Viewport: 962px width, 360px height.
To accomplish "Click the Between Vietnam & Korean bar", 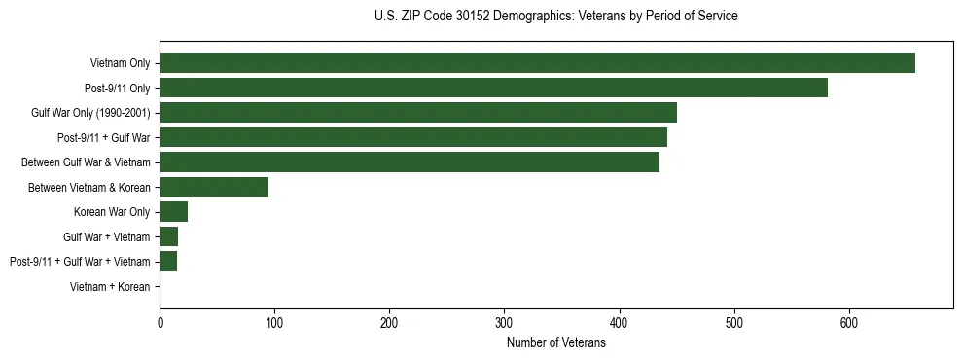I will coord(214,187).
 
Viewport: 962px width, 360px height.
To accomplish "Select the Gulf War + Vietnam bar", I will coord(169,236).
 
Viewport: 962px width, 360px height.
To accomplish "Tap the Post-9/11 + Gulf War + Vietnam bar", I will coord(168,261).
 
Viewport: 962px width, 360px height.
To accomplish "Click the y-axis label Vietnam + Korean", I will coord(110,287).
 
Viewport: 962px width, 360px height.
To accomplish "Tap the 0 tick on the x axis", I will coord(160,324).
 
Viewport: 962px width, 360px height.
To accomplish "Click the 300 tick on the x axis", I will coord(504,324).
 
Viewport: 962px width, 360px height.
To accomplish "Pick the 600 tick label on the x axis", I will coord(849,324).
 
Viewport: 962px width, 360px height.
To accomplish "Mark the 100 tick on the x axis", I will coord(274,324).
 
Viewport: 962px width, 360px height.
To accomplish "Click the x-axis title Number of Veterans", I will coord(556,342).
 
